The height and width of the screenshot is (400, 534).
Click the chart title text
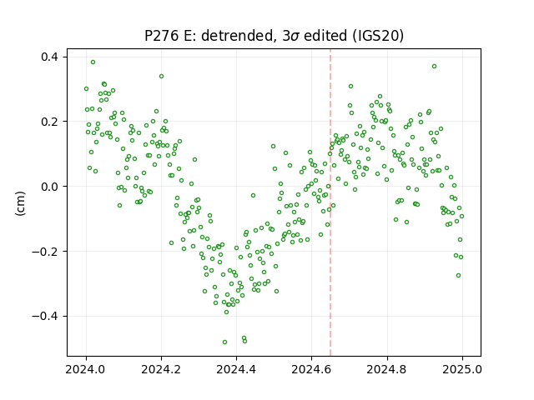(x=274, y=36)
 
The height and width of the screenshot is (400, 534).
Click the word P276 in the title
(x=162, y=36)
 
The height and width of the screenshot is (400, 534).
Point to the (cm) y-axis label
(x=20, y=203)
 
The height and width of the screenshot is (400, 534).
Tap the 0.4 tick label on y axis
(x=50, y=57)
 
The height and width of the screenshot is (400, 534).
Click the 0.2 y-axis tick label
(x=50, y=122)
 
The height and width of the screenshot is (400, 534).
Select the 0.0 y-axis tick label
(x=50, y=187)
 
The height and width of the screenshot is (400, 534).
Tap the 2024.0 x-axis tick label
(x=86, y=369)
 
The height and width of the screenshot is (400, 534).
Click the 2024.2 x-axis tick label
(x=161, y=369)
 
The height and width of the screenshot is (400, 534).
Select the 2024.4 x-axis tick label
(x=236, y=369)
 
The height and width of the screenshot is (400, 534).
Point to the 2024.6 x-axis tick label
(x=311, y=369)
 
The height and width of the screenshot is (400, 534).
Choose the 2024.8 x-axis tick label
(x=387, y=369)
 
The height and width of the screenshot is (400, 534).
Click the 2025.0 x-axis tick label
(x=462, y=369)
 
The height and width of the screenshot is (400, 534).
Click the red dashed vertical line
(x=330, y=202)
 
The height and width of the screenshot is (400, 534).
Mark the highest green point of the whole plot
(x=93, y=62)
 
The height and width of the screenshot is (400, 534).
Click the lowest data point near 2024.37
(x=224, y=342)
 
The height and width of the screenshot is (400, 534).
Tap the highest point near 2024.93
(x=434, y=67)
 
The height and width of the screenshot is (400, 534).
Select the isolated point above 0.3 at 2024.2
(x=161, y=76)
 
